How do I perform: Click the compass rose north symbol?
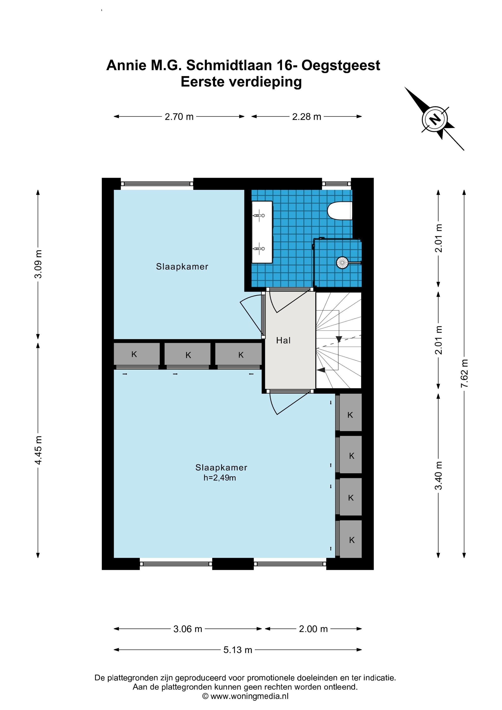click(x=435, y=119)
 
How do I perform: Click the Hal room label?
click(x=283, y=340)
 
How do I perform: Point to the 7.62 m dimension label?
click(x=464, y=373)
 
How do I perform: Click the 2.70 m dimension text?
click(x=179, y=117)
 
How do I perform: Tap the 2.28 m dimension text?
click(x=306, y=117)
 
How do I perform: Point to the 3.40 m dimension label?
click(x=439, y=476)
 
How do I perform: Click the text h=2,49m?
click(x=220, y=478)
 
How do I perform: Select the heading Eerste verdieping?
click(x=241, y=82)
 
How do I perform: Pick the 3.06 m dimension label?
click(x=188, y=629)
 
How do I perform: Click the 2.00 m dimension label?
click(x=313, y=629)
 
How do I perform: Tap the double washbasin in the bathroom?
click(x=262, y=232)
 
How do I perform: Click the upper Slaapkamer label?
click(x=182, y=266)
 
